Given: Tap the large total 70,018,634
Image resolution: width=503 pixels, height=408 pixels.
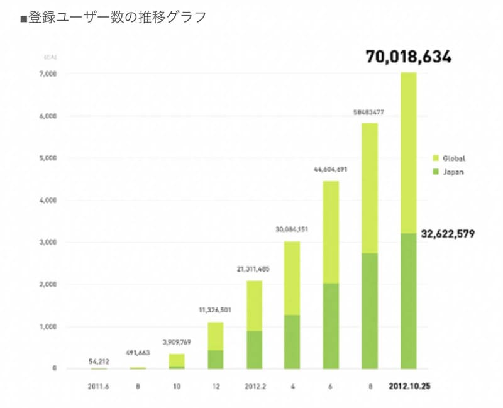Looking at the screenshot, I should tap(409, 57).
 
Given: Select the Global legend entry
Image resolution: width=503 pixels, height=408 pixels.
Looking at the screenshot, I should tap(453, 158).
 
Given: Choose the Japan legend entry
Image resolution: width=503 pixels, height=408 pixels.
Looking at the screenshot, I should tap(453, 172).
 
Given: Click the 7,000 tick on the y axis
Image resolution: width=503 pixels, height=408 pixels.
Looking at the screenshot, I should tap(48, 74).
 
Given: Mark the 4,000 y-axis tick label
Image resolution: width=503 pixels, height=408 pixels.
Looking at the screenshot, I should tap(48, 201).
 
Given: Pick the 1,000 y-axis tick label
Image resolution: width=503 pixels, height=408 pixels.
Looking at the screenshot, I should tap(48, 327).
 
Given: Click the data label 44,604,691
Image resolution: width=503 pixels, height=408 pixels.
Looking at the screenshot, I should tap(331, 170).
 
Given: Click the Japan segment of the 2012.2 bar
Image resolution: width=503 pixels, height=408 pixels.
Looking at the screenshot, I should tap(254, 350).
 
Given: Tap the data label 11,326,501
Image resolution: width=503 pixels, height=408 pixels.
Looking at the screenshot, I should tap(215, 311).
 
